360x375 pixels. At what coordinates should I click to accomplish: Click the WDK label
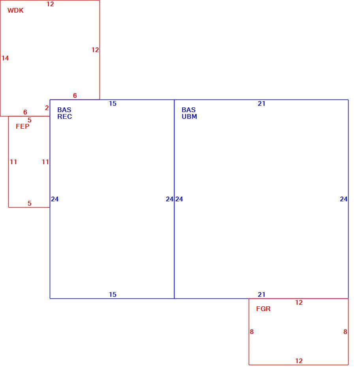[15, 11]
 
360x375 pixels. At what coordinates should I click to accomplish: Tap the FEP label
[22, 126]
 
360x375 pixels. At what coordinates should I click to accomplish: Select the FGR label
[263, 309]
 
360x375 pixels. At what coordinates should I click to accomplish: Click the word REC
[65, 117]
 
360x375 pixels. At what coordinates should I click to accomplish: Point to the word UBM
[189, 117]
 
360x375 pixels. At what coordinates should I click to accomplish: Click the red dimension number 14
[5, 58]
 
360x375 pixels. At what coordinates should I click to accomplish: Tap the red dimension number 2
[47, 108]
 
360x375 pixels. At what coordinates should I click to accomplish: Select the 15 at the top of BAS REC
[112, 103]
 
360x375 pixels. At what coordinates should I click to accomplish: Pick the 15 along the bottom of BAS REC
[112, 294]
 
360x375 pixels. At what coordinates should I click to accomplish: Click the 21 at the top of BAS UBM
[261, 103]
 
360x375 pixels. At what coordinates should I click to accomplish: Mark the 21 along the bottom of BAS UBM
[261, 294]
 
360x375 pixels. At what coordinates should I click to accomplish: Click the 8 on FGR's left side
[251, 332]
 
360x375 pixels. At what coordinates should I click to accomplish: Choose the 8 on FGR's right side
[345, 332]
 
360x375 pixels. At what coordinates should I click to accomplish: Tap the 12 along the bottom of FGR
[299, 361]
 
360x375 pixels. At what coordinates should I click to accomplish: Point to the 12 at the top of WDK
[50, 4]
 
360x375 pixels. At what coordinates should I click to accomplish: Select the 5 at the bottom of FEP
[30, 203]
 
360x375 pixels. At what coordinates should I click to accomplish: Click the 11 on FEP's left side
[13, 162]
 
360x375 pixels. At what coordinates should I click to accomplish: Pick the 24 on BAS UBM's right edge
[344, 199]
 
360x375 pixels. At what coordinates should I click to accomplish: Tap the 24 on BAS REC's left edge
[55, 199]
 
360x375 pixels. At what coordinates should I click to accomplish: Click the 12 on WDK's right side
[95, 50]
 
